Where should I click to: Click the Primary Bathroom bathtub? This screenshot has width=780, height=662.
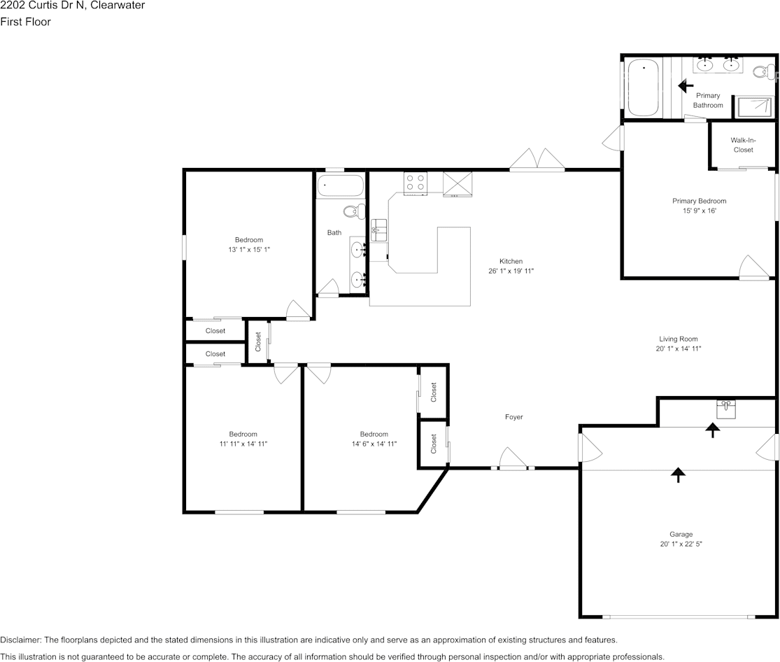coord(643,88)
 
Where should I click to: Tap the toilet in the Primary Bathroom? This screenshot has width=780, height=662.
coord(764,71)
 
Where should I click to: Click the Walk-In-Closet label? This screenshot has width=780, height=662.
coord(743,145)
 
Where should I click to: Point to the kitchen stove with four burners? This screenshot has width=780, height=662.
coord(416,183)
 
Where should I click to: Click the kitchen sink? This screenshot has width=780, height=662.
coord(378,230)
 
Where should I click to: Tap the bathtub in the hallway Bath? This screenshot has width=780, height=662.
coord(340,187)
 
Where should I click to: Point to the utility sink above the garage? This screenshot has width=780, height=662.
coord(725,407)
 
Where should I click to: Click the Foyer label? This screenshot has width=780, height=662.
coord(514,417)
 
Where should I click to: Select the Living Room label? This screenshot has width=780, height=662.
coord(679,339)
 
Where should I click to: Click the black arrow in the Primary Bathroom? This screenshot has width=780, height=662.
coord(685,85)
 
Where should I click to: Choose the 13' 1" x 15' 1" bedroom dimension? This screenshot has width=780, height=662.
coord(249,249)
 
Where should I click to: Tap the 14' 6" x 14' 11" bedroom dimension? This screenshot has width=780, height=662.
coord(374,444)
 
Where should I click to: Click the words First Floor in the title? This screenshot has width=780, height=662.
coord(25,22)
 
